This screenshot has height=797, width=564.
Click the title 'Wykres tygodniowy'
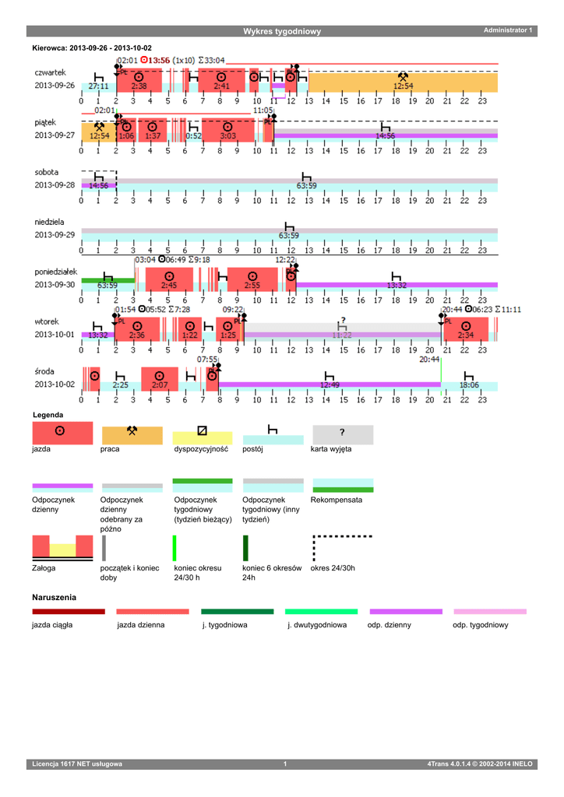[x=281, y=31]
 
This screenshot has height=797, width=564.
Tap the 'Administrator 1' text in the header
[x=508, y=30]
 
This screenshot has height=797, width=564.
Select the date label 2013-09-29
[x=55, y=234]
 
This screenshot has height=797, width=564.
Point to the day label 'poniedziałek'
[x=56, y=272]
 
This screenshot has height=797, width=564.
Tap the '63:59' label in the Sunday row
[x=289, y=235]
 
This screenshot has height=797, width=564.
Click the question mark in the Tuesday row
[x=341, y=321]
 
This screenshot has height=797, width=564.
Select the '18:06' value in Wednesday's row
[x=470, y=384]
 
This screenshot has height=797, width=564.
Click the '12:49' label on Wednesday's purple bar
[x=330, y=384]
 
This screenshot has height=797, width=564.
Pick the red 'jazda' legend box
[x=62, y=433]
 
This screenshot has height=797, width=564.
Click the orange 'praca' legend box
[x=132, y=433]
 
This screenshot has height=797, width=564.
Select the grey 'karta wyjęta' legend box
[x=343, y=433]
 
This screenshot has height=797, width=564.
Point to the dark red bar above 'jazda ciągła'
[x=69, y=612]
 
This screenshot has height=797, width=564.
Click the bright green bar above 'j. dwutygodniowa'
[x=321, y=612]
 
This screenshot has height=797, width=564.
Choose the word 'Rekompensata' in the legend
[x=336, y=500]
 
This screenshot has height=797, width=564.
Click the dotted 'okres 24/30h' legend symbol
[x=342, y=546]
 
